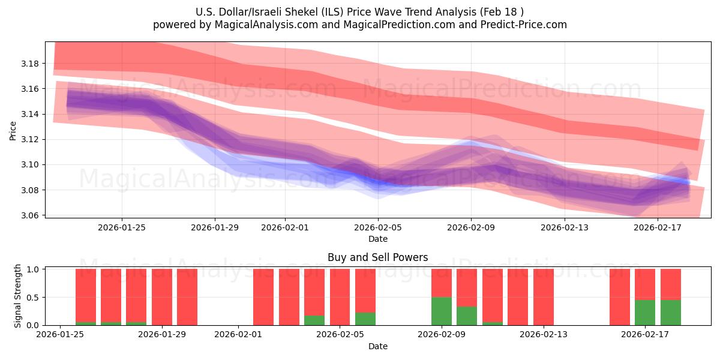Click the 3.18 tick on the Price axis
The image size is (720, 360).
pyautogui.click(x=31, y=64)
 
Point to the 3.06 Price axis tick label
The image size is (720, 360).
pyautogui.click(x=31, y=215)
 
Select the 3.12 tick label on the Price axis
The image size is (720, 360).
pyautogui.click(x=31, y=139)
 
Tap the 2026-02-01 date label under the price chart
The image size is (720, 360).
pyautogui.click(x=285, y=227)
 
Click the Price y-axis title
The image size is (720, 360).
pyautogui.click(x=13, y=130)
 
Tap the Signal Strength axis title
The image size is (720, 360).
pyautogui.click(x=18, y=296)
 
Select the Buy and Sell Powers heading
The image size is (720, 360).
pyautogui.click(x=377, y=257)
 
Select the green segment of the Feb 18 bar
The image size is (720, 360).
pyautogui.click(x=671, y=313)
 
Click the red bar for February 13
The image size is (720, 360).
pyautogui.click(x=544, y=297)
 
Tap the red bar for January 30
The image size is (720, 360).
pyautogui.click(x=187, y=297)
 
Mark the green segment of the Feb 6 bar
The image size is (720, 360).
pyautogui.click(x=365, y=319)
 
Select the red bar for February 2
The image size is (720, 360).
pyautogui.click(x=263, y=297)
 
